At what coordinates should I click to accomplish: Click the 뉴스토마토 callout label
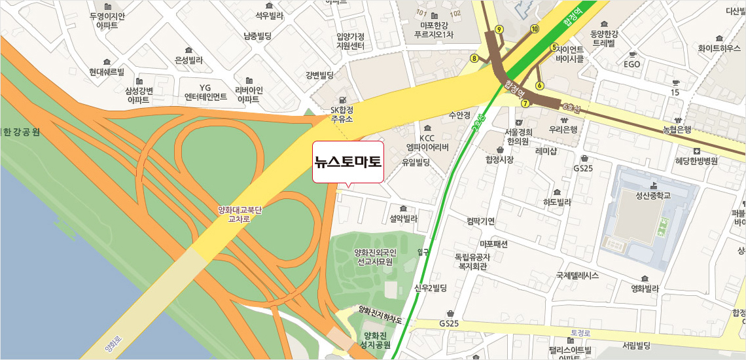click(x=347, y=161)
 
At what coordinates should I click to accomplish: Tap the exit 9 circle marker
click(x=499, y=29)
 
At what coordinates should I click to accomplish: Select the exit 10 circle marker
click(x=535, y=28)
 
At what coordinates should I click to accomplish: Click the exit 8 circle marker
click(x=474, y=58)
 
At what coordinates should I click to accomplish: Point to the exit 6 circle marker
click(x=540, y=85)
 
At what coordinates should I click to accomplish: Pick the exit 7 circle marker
click(x=525, y=103)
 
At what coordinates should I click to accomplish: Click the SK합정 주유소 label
click(x=342, y=115)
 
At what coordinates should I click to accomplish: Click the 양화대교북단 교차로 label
click(x=240, y=215)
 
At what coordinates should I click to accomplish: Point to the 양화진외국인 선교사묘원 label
click(x=374, y=257)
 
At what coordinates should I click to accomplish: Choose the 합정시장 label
click(x=499, y=159)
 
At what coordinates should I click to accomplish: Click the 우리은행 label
click(x=563, y=130)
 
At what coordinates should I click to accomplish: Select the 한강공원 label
click(x=21, y=132)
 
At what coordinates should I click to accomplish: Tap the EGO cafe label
click(x=631, y=64)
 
